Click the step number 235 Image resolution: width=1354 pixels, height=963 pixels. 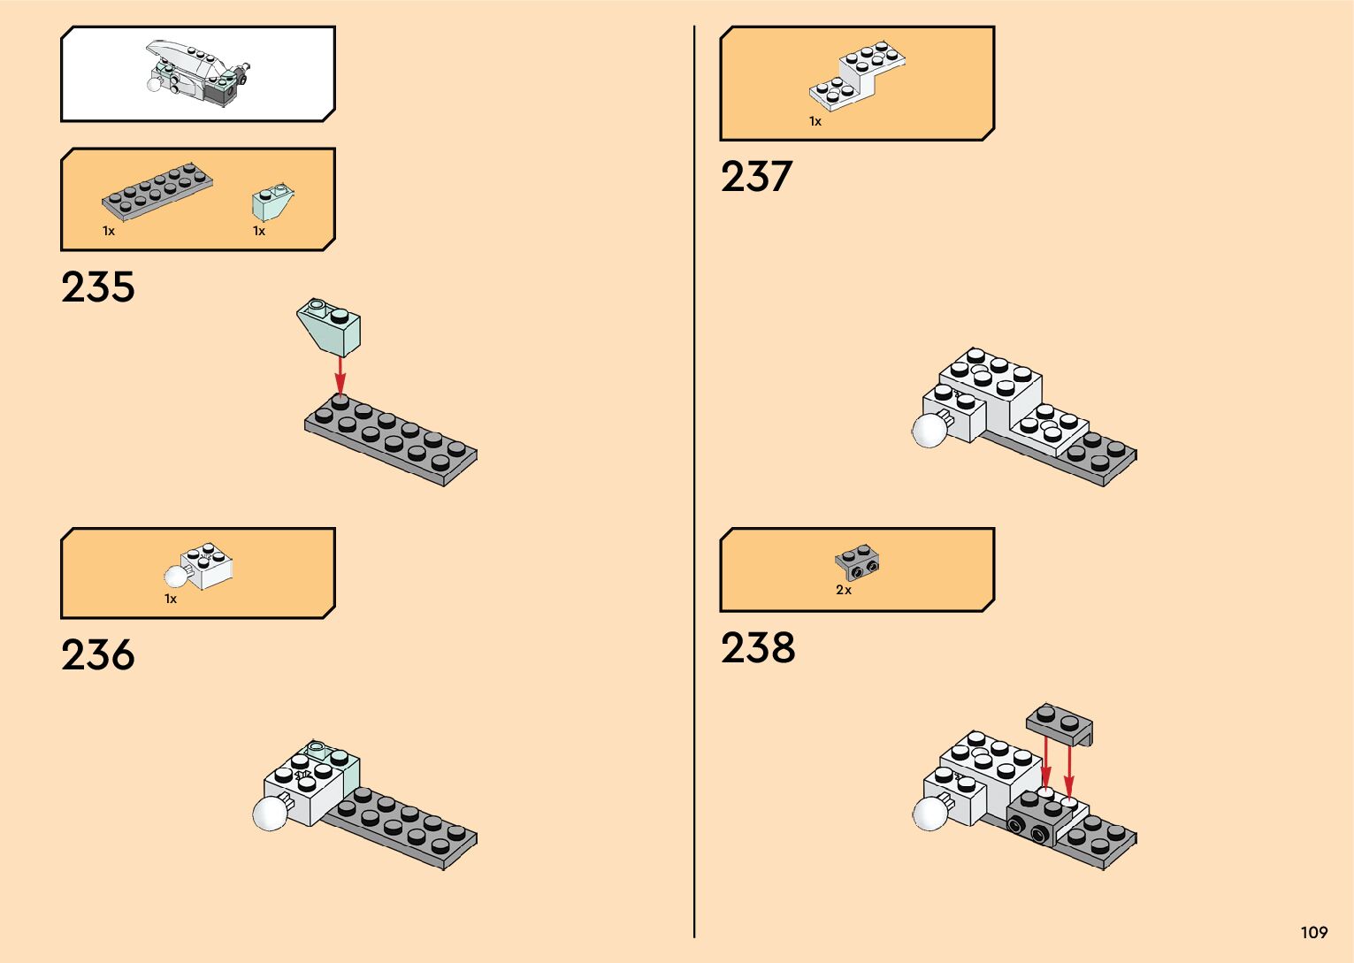coord(98,287)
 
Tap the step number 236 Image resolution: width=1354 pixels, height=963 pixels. coord(98,655)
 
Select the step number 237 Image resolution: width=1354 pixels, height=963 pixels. coord(756,177)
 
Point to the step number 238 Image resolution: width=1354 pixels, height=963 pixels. coord(758,648)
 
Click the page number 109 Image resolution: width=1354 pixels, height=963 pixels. coord(1314,932)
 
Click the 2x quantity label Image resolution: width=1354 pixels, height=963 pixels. coord(844,590)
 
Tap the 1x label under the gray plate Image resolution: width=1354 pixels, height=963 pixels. coord(109,231)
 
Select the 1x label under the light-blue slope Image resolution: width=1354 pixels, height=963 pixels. coord(259,231)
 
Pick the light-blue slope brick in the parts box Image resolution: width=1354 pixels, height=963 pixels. coord(273,203)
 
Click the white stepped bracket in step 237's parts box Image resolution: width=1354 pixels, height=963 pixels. coord(857,76)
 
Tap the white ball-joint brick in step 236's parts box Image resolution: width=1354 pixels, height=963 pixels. coord(200,567)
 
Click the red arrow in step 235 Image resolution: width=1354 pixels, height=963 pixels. coord(340,375)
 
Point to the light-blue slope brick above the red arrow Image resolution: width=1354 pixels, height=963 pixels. coord(330,326)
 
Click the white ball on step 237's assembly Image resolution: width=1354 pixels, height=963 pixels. coord(929,431)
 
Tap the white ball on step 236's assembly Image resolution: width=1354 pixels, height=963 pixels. coord(270,813)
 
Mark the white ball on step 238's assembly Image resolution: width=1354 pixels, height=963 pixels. coord(929,813)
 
